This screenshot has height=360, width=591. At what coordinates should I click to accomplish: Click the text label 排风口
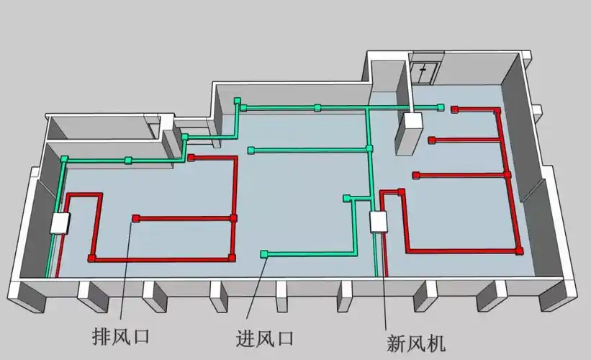point(117,336)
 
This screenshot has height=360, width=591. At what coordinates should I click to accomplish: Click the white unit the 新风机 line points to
point(379,222)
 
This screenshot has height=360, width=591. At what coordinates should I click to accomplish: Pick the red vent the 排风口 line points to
point(135,218)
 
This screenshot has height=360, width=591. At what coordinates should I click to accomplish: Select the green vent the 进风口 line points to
point(264,253)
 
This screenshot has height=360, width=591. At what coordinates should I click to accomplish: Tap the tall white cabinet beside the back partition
point(412,132)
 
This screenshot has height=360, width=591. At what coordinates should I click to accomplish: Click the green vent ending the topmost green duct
point(441,107)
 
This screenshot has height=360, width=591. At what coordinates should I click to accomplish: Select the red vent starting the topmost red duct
point(454,109)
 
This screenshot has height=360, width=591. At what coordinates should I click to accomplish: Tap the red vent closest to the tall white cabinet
point(431,140)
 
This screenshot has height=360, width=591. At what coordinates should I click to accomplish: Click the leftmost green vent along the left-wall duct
point(64,159)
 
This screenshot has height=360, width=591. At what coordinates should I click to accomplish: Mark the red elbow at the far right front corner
point(518,250)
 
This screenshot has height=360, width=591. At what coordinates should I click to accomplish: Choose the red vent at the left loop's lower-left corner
point(91,257)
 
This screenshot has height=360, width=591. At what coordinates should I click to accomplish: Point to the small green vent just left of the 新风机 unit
point(347,197)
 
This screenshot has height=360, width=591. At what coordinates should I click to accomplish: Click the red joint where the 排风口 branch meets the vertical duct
point(233,217)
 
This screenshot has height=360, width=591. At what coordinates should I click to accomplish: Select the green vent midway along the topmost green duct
point(317,108)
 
